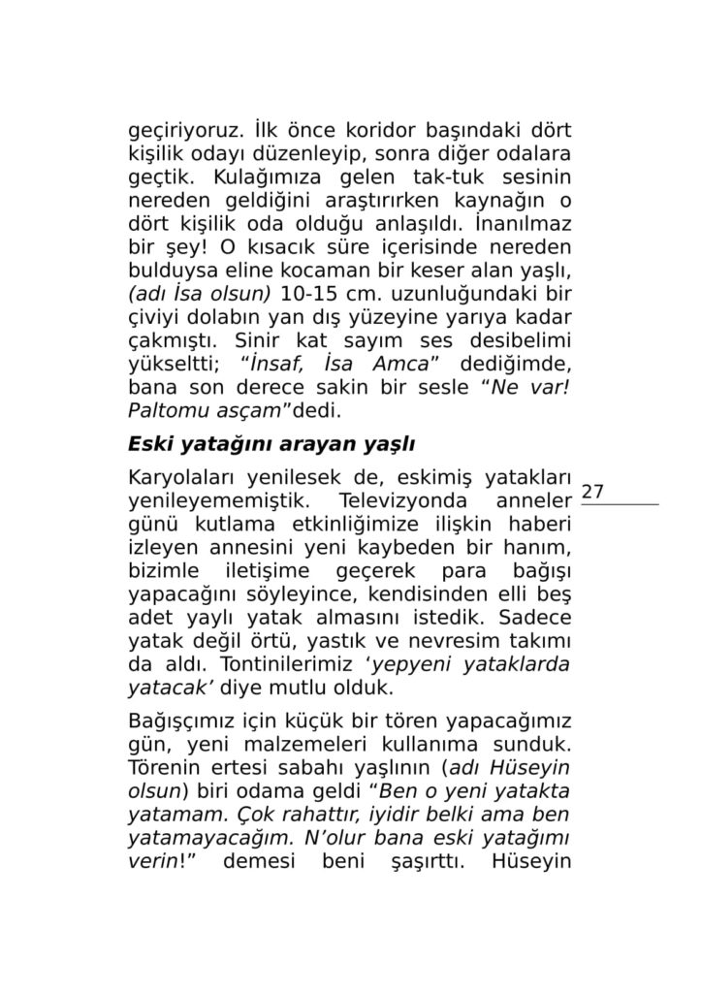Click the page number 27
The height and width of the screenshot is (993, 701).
593,492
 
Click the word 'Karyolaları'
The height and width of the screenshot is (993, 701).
181,480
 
